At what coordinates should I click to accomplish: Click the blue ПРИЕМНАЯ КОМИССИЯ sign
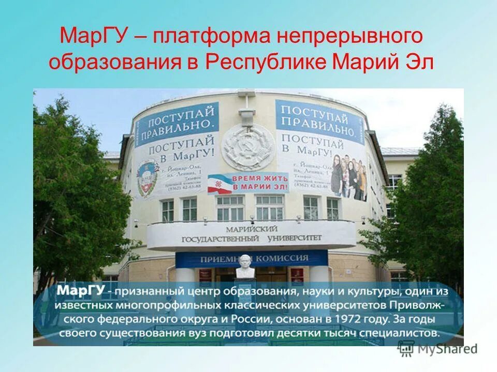252,258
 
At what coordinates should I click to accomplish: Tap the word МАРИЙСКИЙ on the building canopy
252,228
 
